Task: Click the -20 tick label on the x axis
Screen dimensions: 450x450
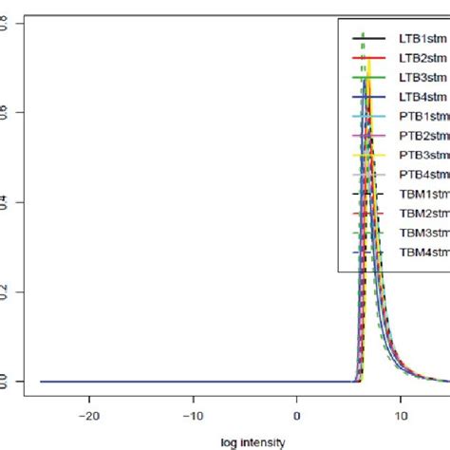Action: point(89,415)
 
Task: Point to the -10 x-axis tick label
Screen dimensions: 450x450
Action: point(194,415)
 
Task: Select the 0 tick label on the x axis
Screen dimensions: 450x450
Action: point(297,415)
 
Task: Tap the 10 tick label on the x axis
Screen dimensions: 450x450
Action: point(401,415)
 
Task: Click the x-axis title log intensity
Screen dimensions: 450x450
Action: point(244,441)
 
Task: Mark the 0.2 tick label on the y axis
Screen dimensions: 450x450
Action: point(9,292)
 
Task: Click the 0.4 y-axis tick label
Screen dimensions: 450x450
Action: point(9,202)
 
